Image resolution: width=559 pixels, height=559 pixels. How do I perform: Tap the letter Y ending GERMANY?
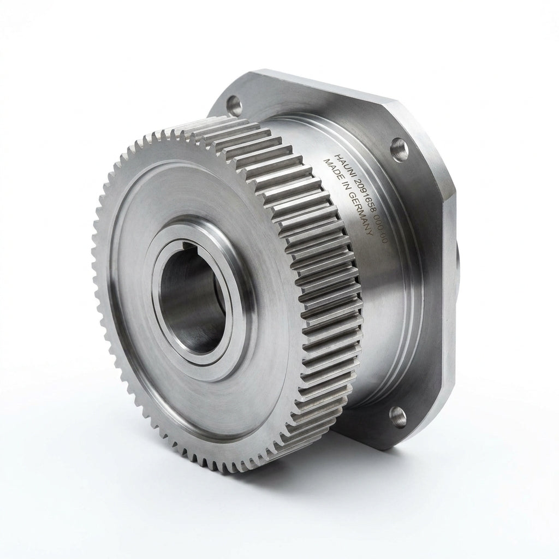(x=370, y=232)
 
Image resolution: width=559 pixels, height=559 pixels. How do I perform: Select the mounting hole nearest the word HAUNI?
(x=399, y=150)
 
